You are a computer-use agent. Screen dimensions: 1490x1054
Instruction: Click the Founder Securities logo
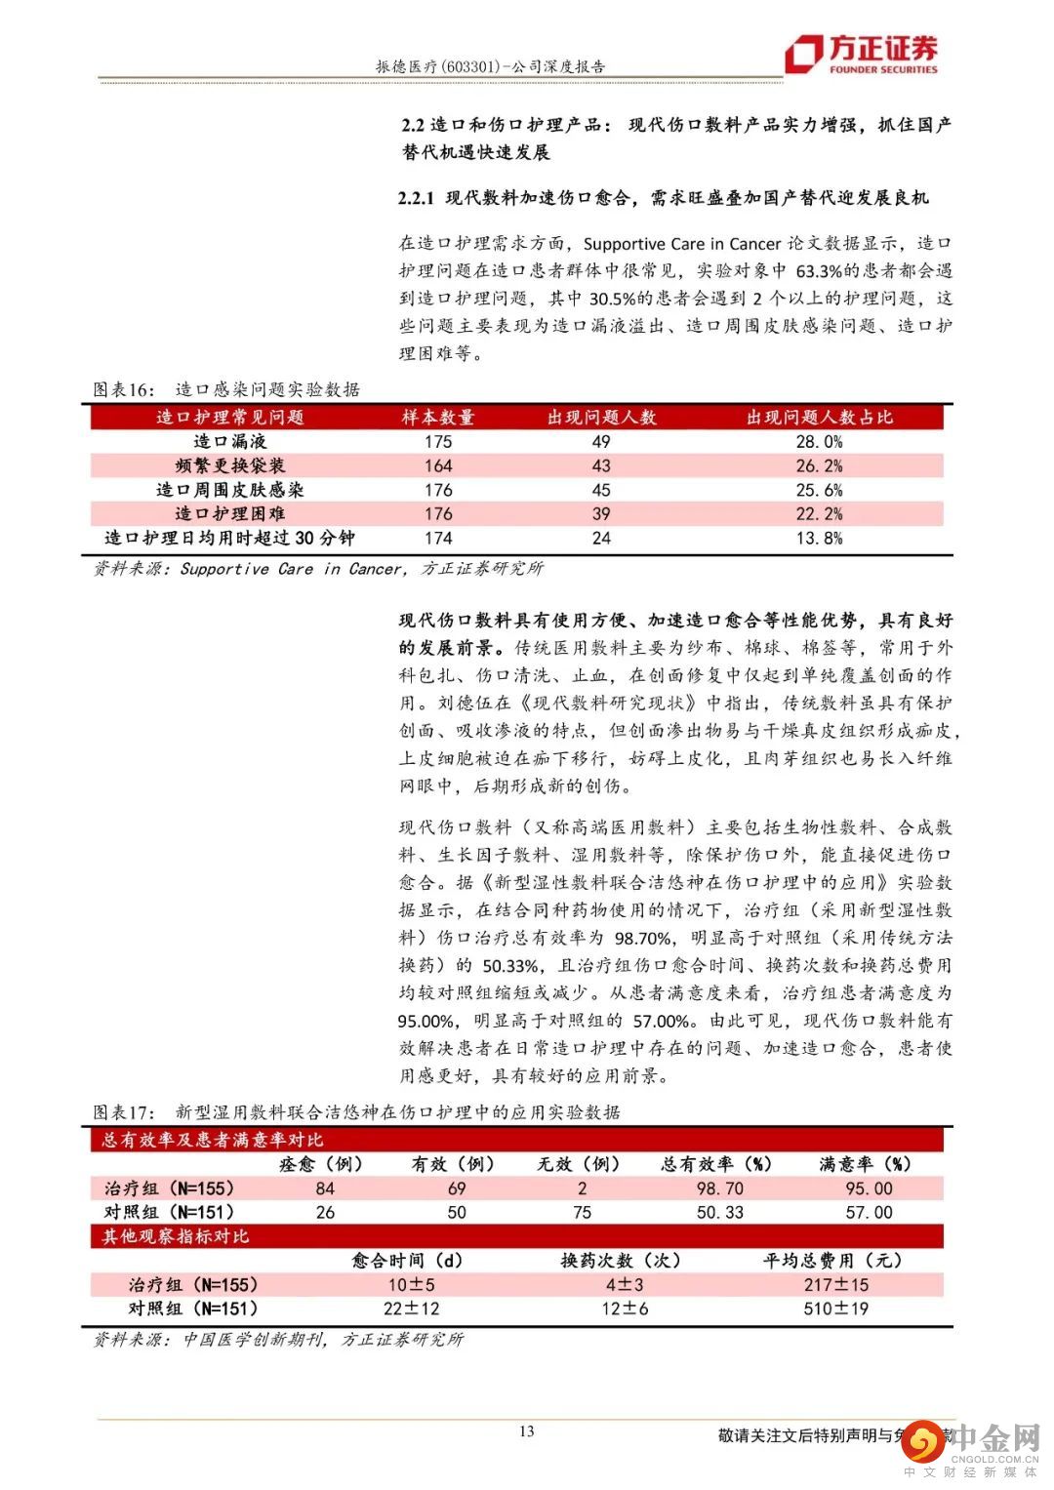pyautogui.click(x=862, y=54)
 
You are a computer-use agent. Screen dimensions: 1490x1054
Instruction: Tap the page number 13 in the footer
pyautogui.click(x=526, y=1431)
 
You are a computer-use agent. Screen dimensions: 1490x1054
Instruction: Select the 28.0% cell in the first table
pyautogui.click(x=819, y=442)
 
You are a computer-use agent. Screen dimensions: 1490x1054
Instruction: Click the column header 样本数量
pyautogui.click(x=438, y=418)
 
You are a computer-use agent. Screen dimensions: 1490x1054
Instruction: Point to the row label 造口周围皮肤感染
pyautogui.click(x=229, y=490)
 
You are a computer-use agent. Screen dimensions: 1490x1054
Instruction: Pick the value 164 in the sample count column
pyautogui.click(x=438, y=466)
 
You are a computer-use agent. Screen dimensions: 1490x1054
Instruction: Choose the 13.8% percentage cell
pyautogui.click(x=819, y=538)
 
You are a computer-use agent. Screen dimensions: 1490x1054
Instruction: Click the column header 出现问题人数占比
pyautogui.click(x=819, y=418)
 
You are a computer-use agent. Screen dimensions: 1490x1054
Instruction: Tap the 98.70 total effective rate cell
pyautogui.click(x=719, y=1188)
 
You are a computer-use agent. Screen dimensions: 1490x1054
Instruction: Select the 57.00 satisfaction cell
pyautogui.click(x=869, y=1212)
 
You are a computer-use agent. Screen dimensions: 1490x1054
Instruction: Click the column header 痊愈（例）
pyautogui.click(x=321, y=1164)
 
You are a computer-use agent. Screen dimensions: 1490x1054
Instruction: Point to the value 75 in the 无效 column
pyautogui.click(x=582, y=1212)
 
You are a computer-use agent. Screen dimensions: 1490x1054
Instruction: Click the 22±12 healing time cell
pyautogui.click(x=411, y=1309)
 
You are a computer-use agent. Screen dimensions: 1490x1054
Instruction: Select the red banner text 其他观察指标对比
pyautogui.click(x=176, y=1236)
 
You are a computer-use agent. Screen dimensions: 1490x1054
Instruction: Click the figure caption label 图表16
pyautogui.click(x=123, y=390)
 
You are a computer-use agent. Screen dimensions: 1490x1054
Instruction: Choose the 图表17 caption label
pyautogui.click(x=123, y=1112)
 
